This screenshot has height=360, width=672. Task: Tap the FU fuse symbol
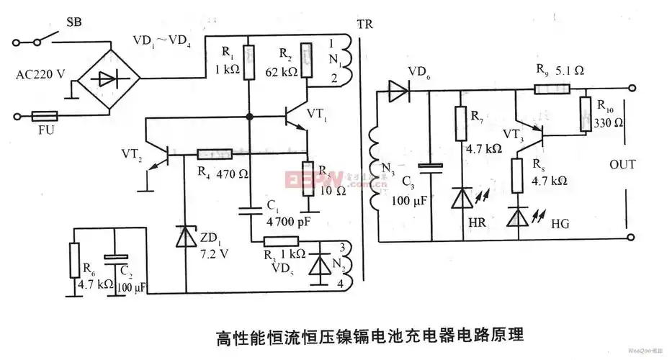pyautogui.click(x=47, y=115)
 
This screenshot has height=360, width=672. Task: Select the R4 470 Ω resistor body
pyautogui.click(x=214, y=154)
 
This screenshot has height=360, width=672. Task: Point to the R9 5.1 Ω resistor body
pyautogui.click(x=552, y=90)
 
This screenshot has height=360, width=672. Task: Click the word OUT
pyautogui.click(x=622, y=165)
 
